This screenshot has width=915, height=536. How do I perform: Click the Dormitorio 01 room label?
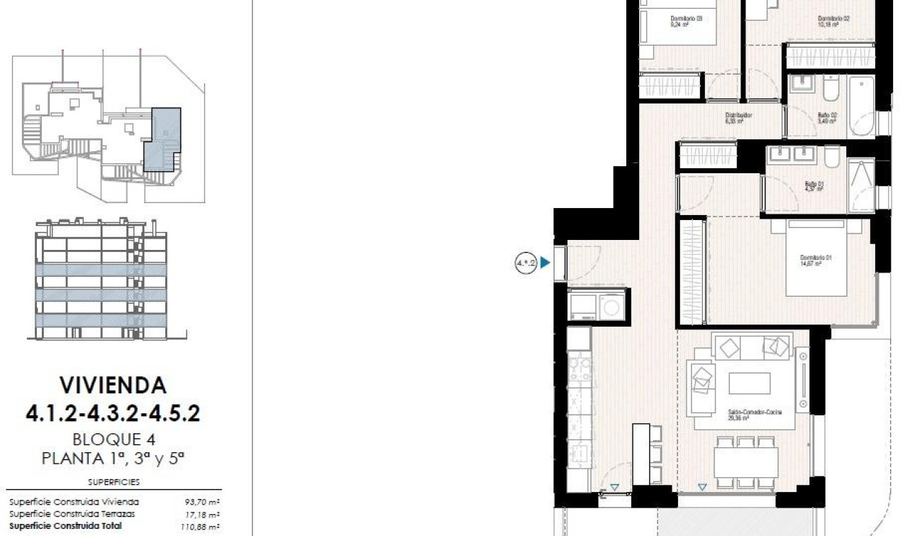point(815,260)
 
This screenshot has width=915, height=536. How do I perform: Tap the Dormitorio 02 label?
point(833,21)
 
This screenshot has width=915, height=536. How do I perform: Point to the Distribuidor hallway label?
point(738,117)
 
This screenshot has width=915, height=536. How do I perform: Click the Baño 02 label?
point(827,117)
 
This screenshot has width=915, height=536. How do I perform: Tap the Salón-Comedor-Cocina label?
point(755,415)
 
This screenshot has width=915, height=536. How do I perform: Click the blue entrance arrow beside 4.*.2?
point(545,263)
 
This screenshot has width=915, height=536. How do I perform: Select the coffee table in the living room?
point(749,383)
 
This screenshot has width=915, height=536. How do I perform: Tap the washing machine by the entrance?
point(609,307)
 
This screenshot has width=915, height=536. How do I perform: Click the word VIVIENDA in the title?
point(113,385)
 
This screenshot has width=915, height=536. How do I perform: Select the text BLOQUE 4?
point(113,439)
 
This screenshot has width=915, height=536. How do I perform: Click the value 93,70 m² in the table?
point(202,501)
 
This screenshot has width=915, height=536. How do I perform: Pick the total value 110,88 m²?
point(201,526)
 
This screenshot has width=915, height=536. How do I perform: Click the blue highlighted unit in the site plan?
point(162,138)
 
